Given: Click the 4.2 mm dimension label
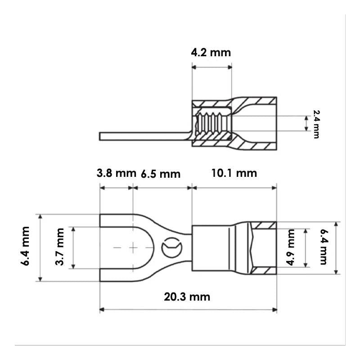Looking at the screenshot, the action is click(211, 53).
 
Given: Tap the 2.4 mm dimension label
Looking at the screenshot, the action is click(316, 124).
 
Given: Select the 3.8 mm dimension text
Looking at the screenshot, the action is click(117, 173).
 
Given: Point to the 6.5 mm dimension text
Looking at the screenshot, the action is click(161, 174).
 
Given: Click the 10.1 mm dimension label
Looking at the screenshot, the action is click(234, 173).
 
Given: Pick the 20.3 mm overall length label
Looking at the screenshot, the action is click(187, 297).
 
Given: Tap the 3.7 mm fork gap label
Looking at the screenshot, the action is click(60, 247).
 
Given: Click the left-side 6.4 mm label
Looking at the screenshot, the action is click(25, 246).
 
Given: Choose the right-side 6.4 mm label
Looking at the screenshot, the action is click(324, 247).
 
